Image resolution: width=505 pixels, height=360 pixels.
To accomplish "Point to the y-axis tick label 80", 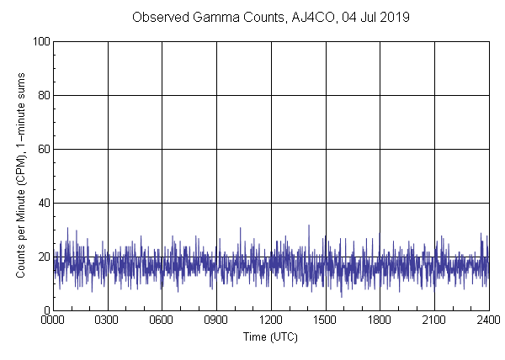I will tap(41, 95).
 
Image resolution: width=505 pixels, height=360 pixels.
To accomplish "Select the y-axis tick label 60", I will tap(41, 149).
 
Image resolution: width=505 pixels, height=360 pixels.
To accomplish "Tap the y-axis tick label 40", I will tap(41, 203).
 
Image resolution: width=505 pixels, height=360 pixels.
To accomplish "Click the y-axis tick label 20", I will tap(41, 257).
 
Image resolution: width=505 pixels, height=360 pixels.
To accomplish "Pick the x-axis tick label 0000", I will tap(53, 320).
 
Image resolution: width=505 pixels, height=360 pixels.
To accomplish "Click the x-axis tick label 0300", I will tap(108, 320).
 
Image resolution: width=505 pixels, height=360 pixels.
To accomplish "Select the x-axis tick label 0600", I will tap(162, 320).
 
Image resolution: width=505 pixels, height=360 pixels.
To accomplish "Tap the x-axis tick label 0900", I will tap(216, 320).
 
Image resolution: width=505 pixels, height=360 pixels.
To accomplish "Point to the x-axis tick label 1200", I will tap(271, 320).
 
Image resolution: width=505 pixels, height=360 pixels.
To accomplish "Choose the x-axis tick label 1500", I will tap(326, 320).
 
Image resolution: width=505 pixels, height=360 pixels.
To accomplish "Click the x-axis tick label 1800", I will tap(380, 320).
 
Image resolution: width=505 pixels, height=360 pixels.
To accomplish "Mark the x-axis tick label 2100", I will tap(434, 320).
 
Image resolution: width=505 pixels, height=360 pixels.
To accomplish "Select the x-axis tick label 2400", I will tap(488, 320).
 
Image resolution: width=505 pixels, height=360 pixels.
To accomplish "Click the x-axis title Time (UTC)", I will tap(271, 336).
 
